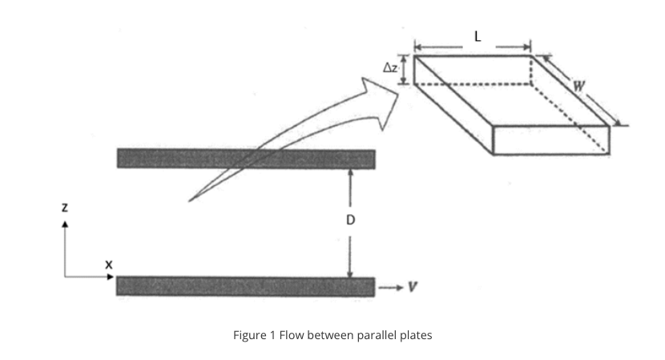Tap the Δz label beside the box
(389, 69)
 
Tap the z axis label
(65, 207)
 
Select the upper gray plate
(245, 159)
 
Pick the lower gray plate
(245, 286)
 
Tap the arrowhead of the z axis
(66, 224)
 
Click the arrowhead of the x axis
(112, 277)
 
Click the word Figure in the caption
(249, 335)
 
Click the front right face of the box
(551, 140)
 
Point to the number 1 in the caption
(272, 335)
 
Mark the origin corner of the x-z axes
(66, 277)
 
